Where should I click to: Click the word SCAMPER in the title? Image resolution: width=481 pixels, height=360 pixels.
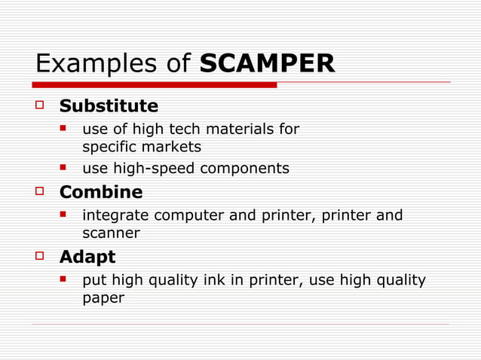coord(267,64)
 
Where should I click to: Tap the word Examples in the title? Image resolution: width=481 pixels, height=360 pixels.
coord(98,64)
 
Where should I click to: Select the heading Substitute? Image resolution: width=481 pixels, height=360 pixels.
coord(109,105)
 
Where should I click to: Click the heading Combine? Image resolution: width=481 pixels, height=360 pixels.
coord(101,193)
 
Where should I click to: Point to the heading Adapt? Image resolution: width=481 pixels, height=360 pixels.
coord(87,258)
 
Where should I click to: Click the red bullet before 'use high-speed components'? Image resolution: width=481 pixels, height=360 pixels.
coord(66,167)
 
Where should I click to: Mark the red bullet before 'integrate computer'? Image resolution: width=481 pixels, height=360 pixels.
coord(66,215)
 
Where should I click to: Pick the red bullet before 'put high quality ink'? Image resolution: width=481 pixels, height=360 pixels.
coord(66,279)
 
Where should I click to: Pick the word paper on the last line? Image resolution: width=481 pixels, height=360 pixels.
coord(103,299)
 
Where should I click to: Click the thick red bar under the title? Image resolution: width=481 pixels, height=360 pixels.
coord(155,85)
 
